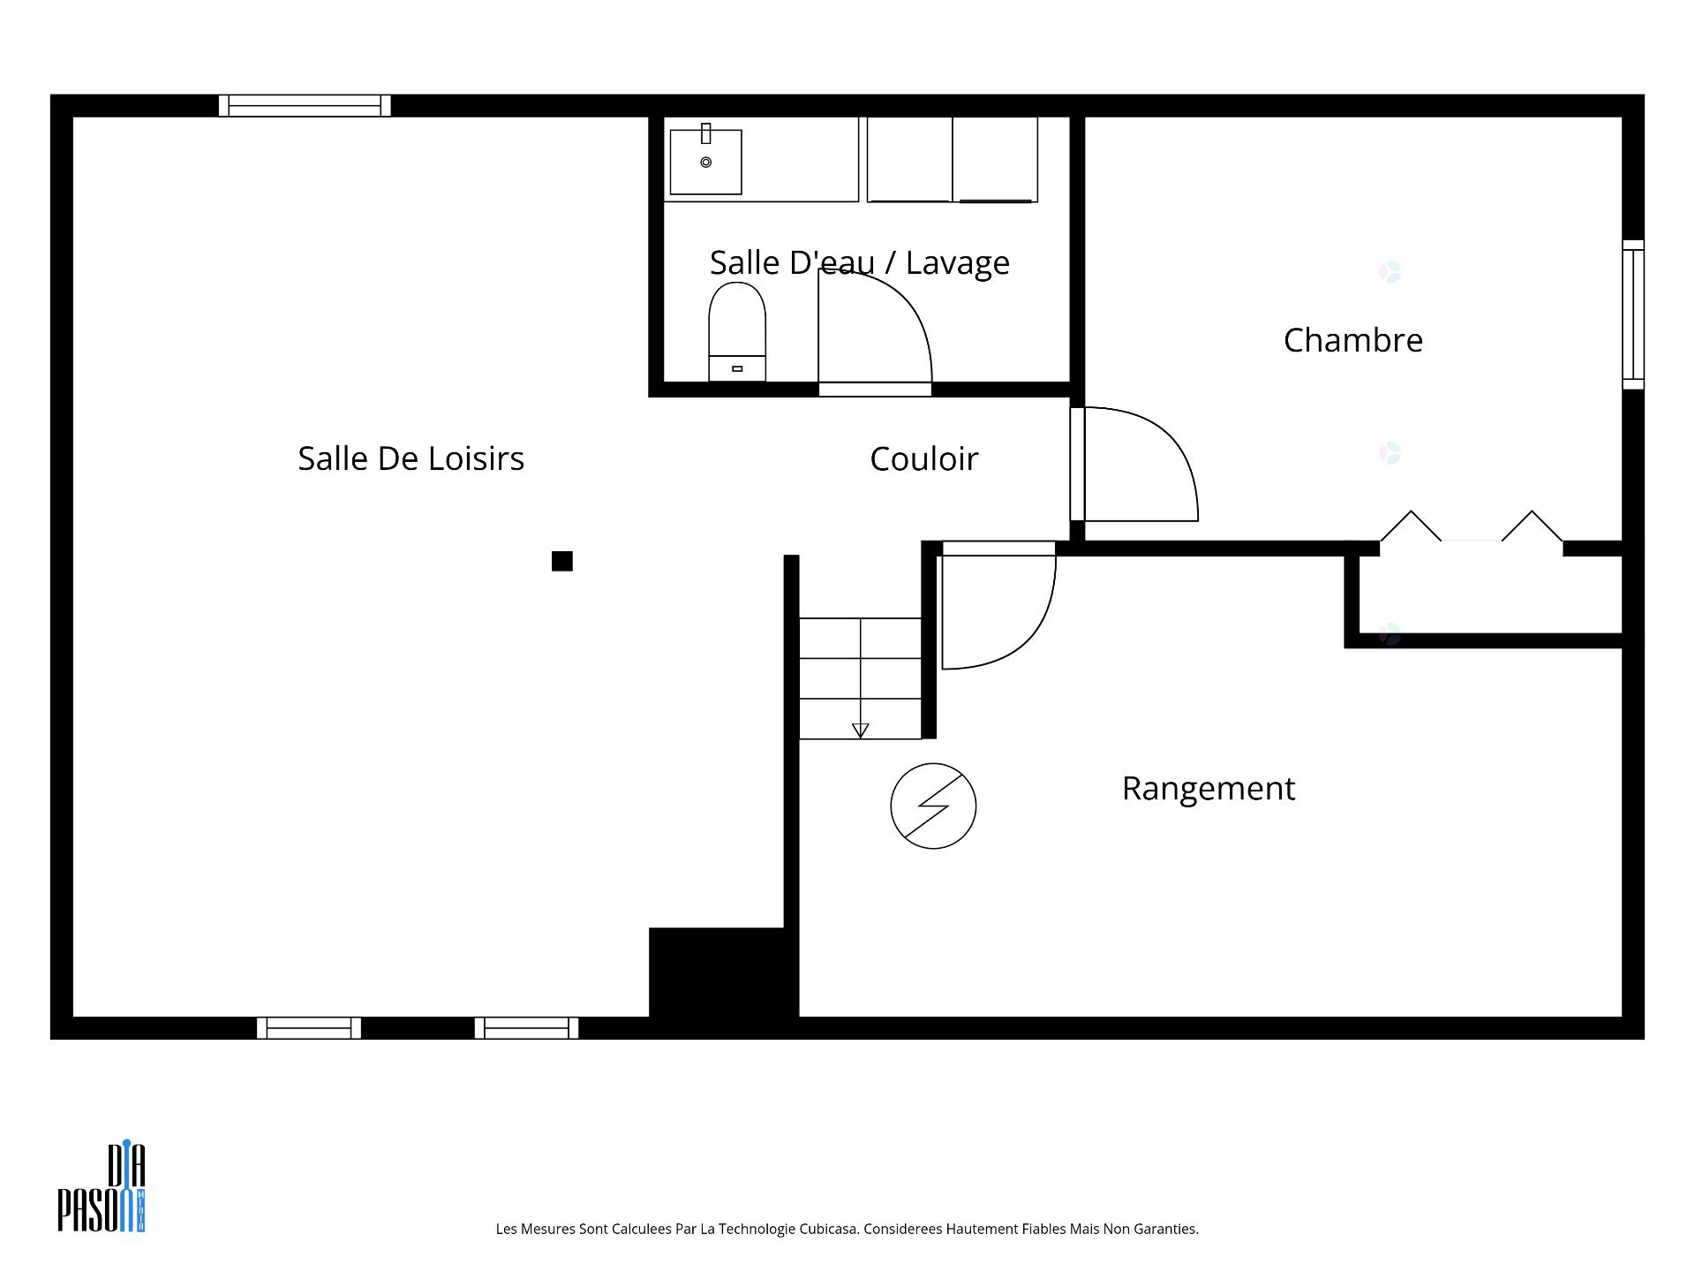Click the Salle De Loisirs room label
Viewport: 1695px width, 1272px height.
click(x=411, y=458)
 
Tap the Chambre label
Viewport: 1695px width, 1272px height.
click(x=1352, y=340)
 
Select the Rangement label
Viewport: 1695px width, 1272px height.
click(x=1209, y=789)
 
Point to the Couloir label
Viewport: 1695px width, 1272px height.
click(x=923, y=459)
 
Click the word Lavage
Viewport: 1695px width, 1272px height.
click(x=958, y=263)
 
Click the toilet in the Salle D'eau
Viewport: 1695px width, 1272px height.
click(x=737, y=332)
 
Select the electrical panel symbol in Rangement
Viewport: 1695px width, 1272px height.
click(x=933, y=806)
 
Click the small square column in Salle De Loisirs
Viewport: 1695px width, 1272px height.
click(x=562, y=561)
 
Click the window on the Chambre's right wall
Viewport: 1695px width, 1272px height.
click(x=1633, y=314)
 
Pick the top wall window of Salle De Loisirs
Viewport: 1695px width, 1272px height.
click(x=305, y=106)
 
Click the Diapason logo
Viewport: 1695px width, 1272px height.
click(x=102, y=1187)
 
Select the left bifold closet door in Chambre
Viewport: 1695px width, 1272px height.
click(x=1411, y=526)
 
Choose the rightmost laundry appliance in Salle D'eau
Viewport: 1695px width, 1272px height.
click(x=995, y=160)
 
